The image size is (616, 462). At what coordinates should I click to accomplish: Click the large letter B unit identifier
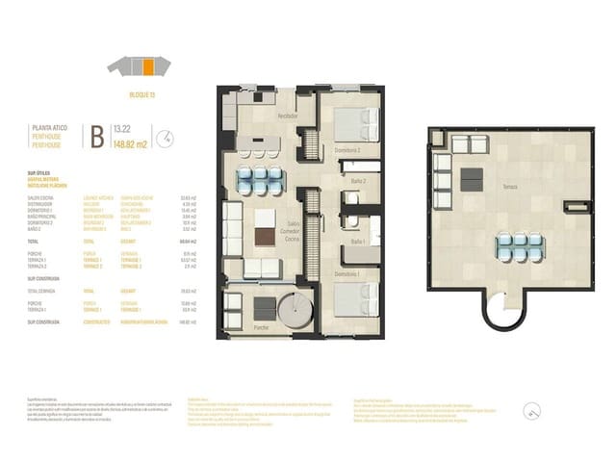(x=96, y=136)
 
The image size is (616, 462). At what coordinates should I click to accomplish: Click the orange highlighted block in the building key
(x=148, y=66)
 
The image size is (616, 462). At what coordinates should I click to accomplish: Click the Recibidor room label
(x=287, y=115)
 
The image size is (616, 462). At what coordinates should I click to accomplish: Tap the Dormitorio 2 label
(x=334, y=150)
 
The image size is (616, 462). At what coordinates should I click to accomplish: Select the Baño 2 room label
(x=358, y=180)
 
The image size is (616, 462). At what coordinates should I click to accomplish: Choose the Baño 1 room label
(x=358, y=242)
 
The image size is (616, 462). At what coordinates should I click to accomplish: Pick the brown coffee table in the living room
(x=264, y=238)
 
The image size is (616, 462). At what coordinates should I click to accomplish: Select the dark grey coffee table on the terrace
(x=472, y=178)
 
